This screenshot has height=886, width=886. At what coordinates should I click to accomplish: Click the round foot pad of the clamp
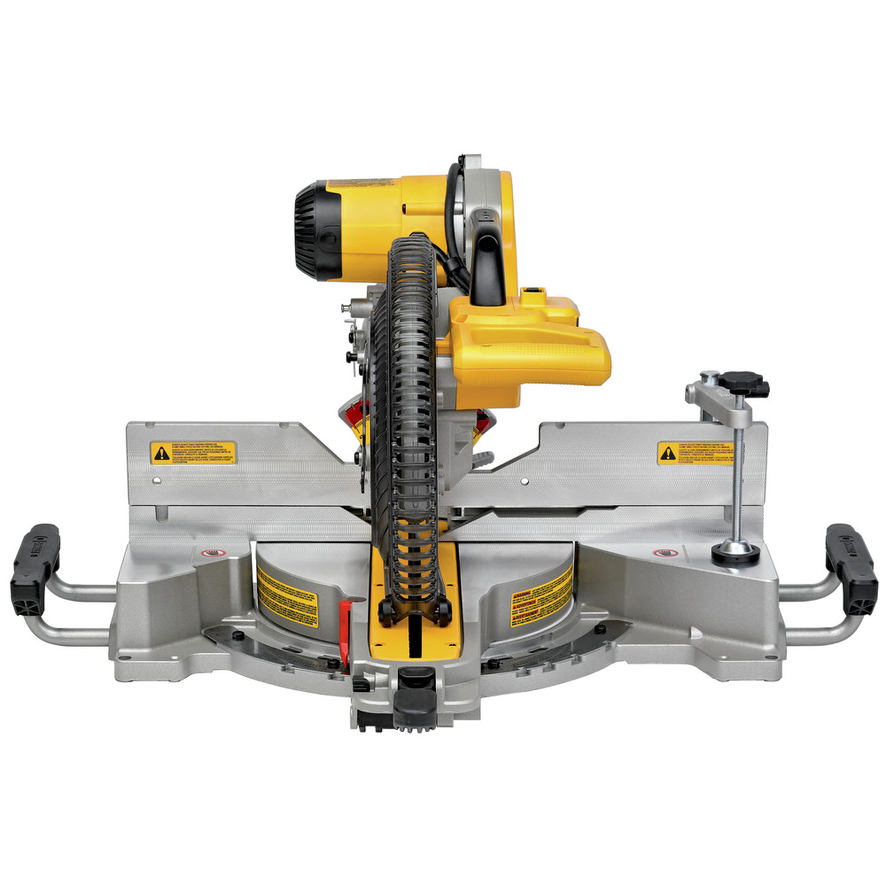click(735, 551)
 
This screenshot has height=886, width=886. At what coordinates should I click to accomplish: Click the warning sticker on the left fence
click(193, 453)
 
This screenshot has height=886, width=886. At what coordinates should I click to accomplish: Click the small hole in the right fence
click(525, 481)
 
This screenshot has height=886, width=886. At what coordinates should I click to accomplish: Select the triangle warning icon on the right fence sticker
click(668, 454)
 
